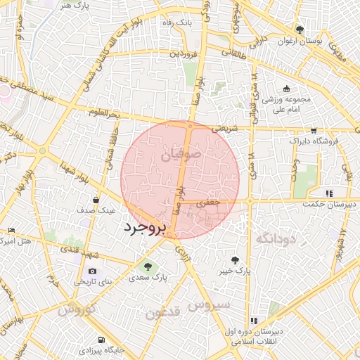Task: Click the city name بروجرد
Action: pos(143,228)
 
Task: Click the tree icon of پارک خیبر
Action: pos(235,259)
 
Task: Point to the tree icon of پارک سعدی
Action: pos(147,266)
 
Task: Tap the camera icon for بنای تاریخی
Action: pos(93,271)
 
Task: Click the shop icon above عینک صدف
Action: pos(96,200)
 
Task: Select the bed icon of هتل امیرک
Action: pos(11,231)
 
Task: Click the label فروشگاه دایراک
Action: pos(314,141)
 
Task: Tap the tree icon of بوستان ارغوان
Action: pos(300,30)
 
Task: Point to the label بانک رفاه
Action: pos(176,23)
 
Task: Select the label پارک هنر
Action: pos(75,5)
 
